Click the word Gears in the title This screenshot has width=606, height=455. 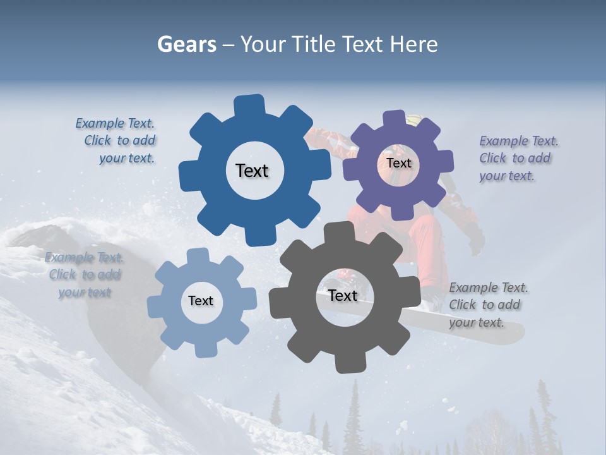(186, 44)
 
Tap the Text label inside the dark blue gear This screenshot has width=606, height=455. (252, 171)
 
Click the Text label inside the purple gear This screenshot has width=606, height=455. (398, 163)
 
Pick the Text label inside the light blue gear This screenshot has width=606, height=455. (201, 301)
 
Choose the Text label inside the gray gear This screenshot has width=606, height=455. (343, 296)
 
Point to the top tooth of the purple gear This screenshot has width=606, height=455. (394, 118)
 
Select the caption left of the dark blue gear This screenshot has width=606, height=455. (117, 141)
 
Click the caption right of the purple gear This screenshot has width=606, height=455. (518, 158)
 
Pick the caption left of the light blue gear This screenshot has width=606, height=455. (85, 275)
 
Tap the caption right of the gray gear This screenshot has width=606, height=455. (487, 305)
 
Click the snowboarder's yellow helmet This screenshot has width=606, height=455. (414, 118)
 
